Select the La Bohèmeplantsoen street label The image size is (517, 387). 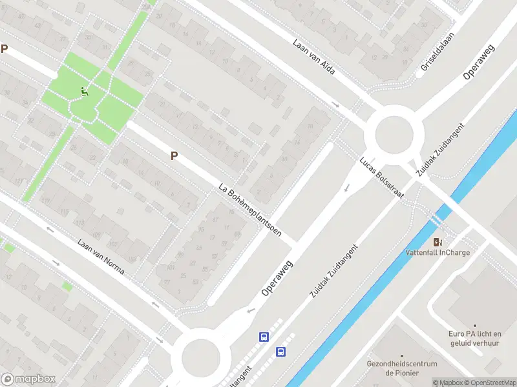point(249,210)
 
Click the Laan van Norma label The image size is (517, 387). point(100,261)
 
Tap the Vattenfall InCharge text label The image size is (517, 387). point(438,252)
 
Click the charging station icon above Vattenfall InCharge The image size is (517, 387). point(438,242)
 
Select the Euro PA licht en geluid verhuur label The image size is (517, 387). point(475,338)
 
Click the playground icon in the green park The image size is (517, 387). point(84,92)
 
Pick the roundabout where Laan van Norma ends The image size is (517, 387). point(202,356)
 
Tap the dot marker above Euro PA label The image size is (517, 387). point(475,326)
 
